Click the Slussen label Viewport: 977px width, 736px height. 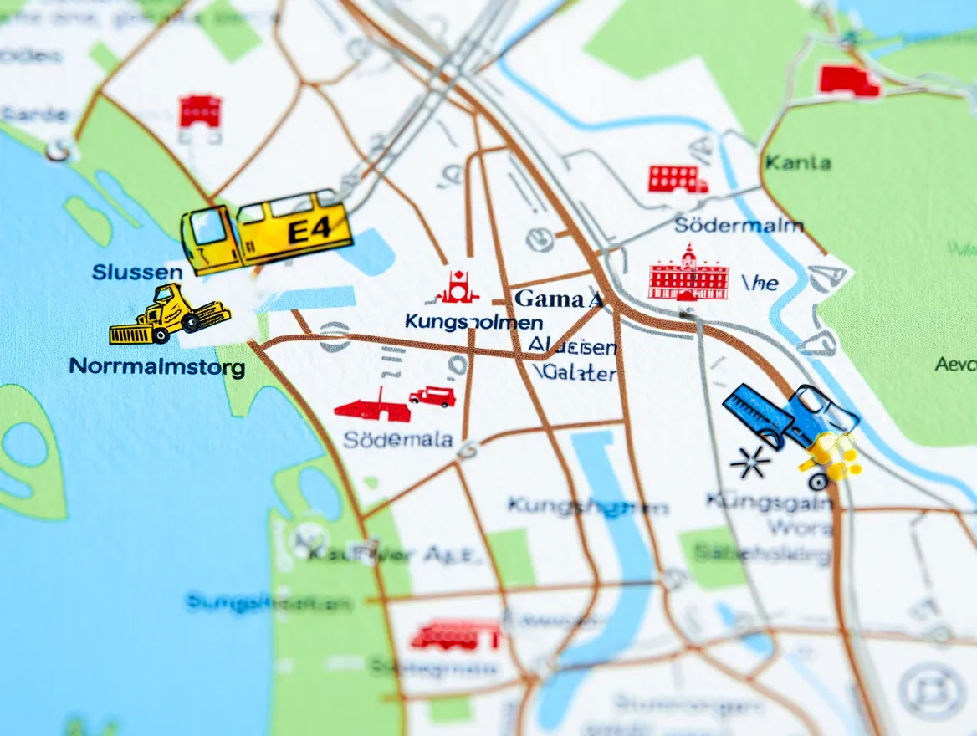[137, 273]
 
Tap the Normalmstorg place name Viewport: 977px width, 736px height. [156, 366]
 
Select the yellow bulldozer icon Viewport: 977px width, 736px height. [170, 315]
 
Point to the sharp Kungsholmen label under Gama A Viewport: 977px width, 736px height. [473, 322]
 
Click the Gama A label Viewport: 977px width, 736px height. [559, 299]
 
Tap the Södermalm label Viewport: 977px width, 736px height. [739, 225]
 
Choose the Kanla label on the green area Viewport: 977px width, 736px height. [797, 162]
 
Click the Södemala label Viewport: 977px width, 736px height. [398, 440]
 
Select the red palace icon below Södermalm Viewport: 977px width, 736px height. [688, 273]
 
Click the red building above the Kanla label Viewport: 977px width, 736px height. [848, 81]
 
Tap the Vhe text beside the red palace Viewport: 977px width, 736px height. [760, 284]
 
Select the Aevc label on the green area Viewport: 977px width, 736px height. [955, 364]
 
